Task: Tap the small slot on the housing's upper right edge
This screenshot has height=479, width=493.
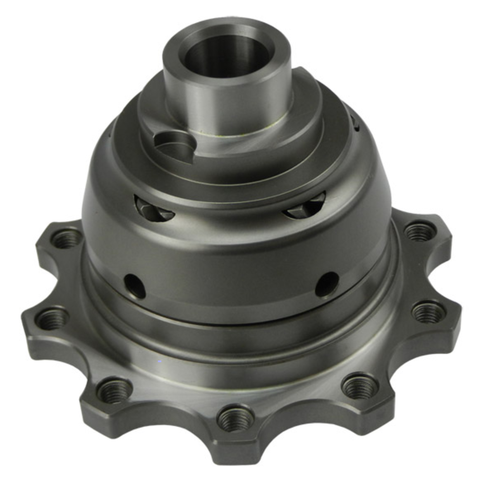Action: click(x=357, y=124)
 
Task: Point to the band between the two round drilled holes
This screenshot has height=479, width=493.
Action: click(x=230, y=286)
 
